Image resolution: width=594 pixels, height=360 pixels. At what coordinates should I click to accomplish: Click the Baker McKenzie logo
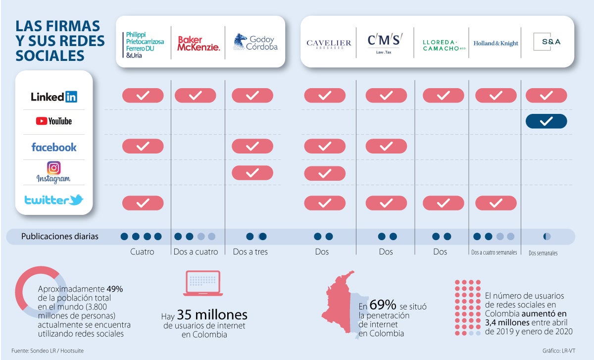click(x=198, y=43)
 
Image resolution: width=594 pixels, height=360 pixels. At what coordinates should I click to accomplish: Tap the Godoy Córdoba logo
click(x=255, y=42)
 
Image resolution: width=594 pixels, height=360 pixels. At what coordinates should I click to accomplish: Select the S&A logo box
click(x=547, y=42)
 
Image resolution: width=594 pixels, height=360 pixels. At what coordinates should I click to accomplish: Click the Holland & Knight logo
click(x=495, y=43)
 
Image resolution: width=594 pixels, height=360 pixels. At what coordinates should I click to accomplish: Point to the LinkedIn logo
click(x=54, y=97)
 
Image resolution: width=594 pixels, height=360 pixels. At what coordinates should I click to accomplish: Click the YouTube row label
click(x=54, y=121)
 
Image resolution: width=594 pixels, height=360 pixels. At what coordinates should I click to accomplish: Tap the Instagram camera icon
click(x=53, y=168)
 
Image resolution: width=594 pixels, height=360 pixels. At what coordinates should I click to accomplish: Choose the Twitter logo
click(x=54, y=200)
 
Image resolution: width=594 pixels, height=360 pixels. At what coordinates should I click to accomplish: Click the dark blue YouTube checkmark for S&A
click(x=546, y=121)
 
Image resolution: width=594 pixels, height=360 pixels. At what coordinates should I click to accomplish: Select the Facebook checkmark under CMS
click(x=386, y=146)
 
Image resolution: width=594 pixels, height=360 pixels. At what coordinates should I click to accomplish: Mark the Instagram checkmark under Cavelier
click(x=325, y=173)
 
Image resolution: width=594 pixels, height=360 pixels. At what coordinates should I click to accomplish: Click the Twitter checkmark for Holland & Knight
click(x=496, y=203)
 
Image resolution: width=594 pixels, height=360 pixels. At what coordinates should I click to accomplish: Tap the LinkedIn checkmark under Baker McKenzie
click(x=196, y=96)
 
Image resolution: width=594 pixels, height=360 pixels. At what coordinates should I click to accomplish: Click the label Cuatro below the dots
click(x=142, y=252)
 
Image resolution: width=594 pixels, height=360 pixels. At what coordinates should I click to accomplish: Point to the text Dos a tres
click(x=250, y=252)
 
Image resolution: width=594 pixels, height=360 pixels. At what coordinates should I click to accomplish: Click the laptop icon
click(x=203, y=283)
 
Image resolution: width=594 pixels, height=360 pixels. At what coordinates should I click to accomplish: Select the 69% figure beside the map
click(x=383, y=305)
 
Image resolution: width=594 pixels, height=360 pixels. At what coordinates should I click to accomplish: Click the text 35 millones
click(x=212, y=315)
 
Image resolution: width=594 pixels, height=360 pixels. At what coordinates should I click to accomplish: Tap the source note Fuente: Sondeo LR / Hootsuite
click(x=48, y=351)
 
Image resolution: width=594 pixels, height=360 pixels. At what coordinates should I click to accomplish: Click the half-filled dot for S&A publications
click(x=547, y=236)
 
